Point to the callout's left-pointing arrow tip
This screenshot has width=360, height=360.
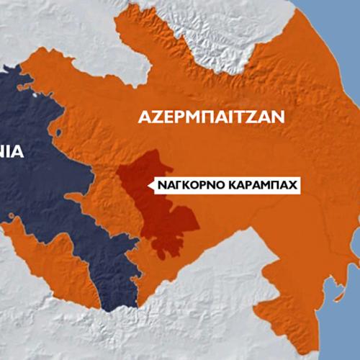pos(148,186)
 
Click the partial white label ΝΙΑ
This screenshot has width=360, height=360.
pos(12,152)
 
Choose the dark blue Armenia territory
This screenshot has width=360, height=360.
pos(58,187)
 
